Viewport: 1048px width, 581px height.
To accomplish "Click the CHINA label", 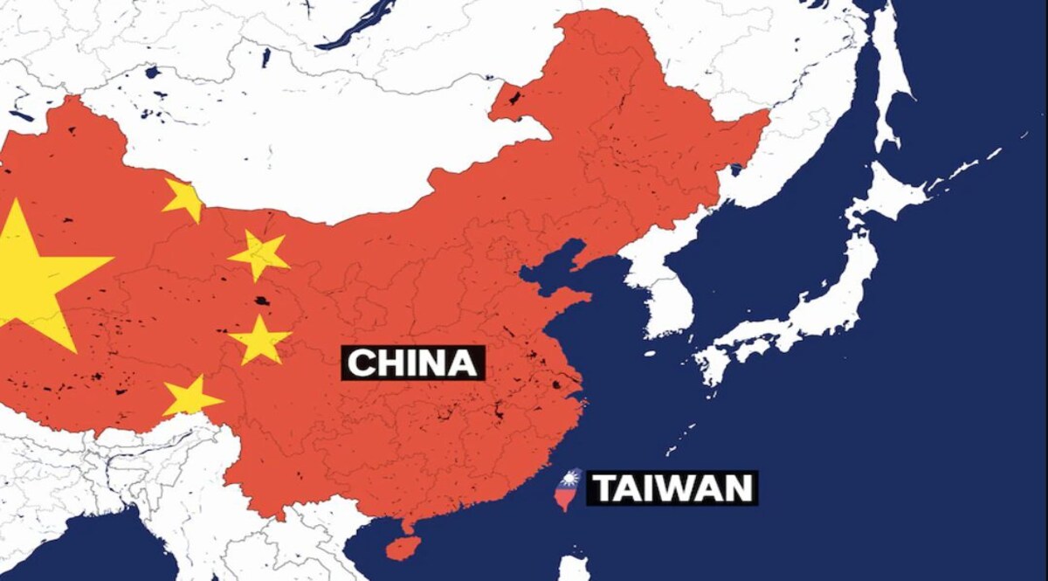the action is (412, 363).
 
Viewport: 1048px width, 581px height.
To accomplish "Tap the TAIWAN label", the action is (673, 488).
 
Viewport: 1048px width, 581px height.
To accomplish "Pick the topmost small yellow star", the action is (183, 199).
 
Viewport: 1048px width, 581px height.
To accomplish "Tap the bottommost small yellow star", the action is (190, 398).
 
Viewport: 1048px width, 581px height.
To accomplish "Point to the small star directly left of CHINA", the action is (259, 340).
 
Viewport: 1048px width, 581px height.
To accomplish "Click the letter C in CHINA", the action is (360, 363).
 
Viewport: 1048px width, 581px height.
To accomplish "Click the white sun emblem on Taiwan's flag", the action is (572, 480).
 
